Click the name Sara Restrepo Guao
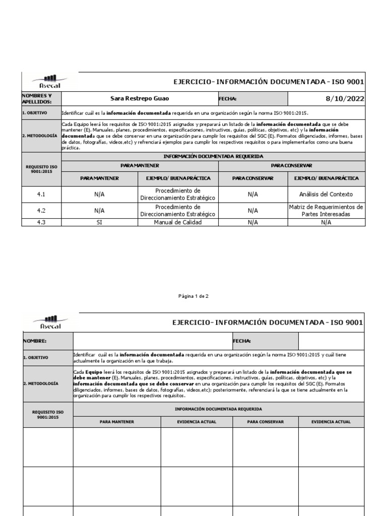pos(140,99)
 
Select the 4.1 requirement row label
pos(41,194)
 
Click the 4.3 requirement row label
pos(41,222)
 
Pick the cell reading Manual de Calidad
pos(178,222)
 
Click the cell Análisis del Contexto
pos(326,194)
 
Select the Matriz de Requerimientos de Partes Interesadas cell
pos(326,211)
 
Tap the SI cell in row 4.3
pos(99,222)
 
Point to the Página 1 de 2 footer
pos(193,296)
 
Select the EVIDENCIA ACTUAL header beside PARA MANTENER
pos(197,422)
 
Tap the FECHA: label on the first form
pos(228,99)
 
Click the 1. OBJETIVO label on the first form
pos(34,113)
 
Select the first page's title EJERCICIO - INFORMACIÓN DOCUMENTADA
pos(268,82)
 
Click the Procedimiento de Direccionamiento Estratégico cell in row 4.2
pos(178,211)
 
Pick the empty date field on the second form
pos(332,341)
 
